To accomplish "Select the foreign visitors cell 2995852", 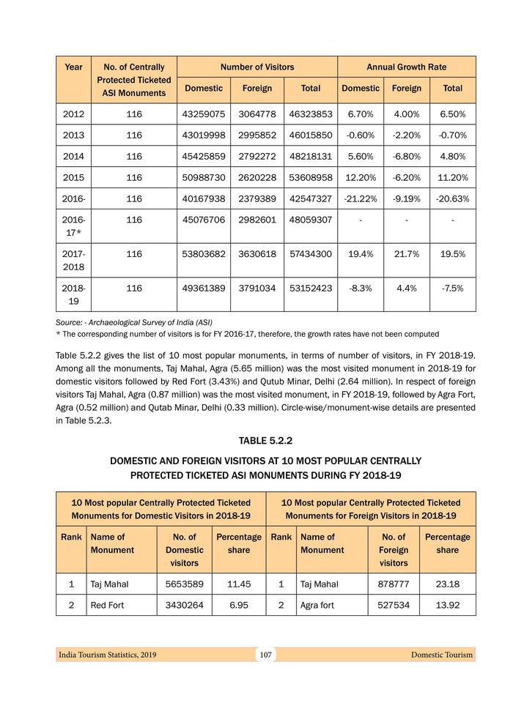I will click(256, 135).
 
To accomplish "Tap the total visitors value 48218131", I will click(311, 157).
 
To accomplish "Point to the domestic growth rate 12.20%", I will click(361, 178).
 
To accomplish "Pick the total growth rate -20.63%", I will click(452, 199).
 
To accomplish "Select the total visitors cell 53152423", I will click(311, 289).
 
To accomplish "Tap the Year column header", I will click(73, 67).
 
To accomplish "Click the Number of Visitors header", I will click(257, 67).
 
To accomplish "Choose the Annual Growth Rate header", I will click(406, 67).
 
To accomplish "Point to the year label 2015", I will click(73, 178).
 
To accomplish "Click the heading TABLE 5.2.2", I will click(265, 440).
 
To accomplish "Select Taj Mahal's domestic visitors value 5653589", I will click(184, 584).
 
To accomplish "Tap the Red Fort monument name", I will click(107, 606).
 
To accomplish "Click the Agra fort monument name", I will click(317, 606).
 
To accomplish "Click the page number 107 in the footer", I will click(265, 655).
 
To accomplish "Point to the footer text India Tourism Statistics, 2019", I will click(107, 655).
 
